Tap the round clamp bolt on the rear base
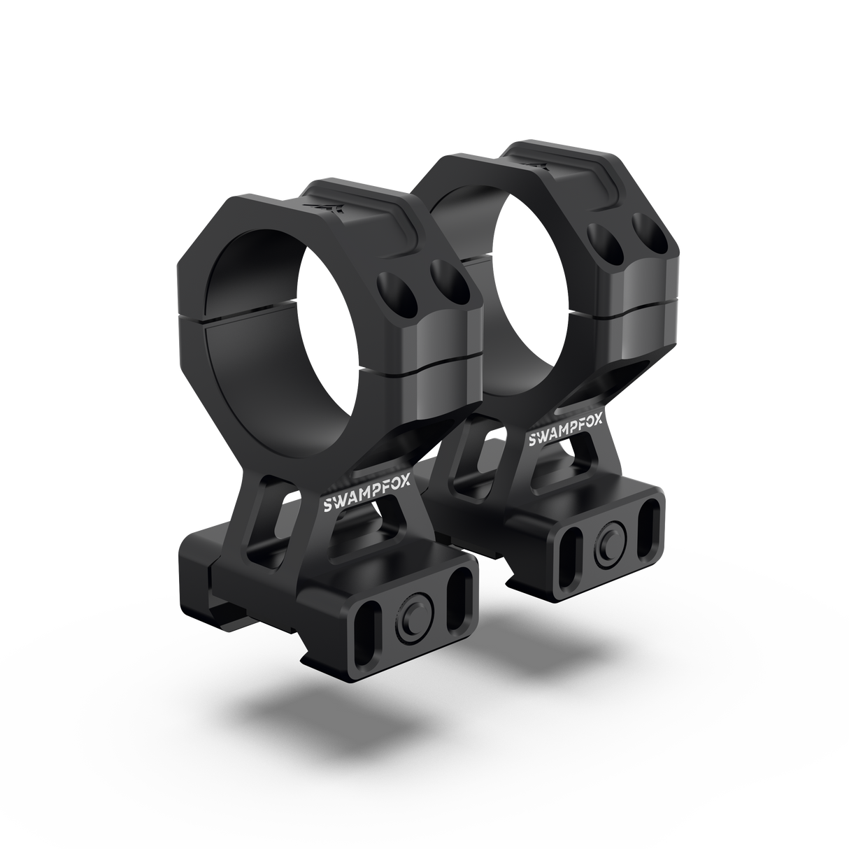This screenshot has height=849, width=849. [x=611, y=550]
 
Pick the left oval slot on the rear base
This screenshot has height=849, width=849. [x=570, y=555]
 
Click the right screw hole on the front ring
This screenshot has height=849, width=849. [x=450, y=283]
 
